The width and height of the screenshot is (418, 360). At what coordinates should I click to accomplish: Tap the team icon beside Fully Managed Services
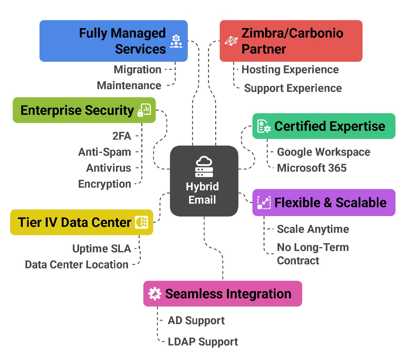176,41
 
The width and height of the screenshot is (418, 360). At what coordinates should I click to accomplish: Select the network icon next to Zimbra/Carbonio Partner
231,41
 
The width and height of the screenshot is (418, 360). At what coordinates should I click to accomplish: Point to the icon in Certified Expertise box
264,126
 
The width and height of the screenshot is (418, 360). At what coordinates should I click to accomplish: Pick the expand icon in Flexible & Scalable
264,202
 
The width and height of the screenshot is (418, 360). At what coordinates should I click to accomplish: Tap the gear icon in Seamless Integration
155,294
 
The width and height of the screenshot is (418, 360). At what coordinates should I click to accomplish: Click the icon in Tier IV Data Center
142,222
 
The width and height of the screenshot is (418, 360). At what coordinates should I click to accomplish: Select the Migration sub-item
137,70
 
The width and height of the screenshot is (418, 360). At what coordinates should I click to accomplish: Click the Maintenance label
129,86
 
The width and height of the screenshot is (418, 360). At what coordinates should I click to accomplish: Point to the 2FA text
121,136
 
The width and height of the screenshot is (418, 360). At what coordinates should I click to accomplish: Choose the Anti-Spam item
104,152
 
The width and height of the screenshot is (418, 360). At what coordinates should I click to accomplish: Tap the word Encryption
104,184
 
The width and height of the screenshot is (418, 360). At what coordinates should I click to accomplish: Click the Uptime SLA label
102,249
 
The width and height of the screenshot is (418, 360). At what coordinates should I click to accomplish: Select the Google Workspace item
323,152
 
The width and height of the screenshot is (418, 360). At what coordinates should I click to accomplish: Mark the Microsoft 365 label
312,168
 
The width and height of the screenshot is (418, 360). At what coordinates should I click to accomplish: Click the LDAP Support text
203,342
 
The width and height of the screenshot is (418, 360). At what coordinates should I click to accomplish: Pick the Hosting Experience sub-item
290,70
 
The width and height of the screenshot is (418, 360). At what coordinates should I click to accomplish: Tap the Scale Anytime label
313,229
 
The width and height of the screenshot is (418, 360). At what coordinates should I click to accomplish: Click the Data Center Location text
77,264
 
